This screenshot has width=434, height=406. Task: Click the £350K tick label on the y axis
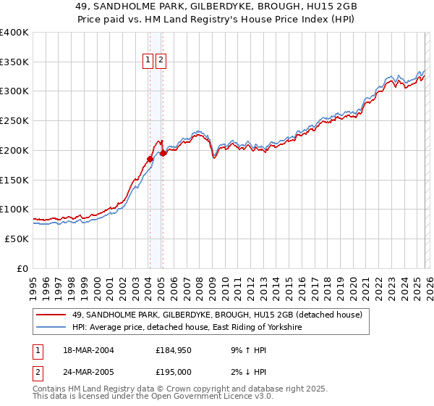[14, 62]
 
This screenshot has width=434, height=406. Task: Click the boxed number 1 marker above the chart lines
[148, 62]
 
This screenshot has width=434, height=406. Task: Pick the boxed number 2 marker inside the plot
[161, 62]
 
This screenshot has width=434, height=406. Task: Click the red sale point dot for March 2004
[150, 159]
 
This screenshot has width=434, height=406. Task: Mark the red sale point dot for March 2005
[163, 153]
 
